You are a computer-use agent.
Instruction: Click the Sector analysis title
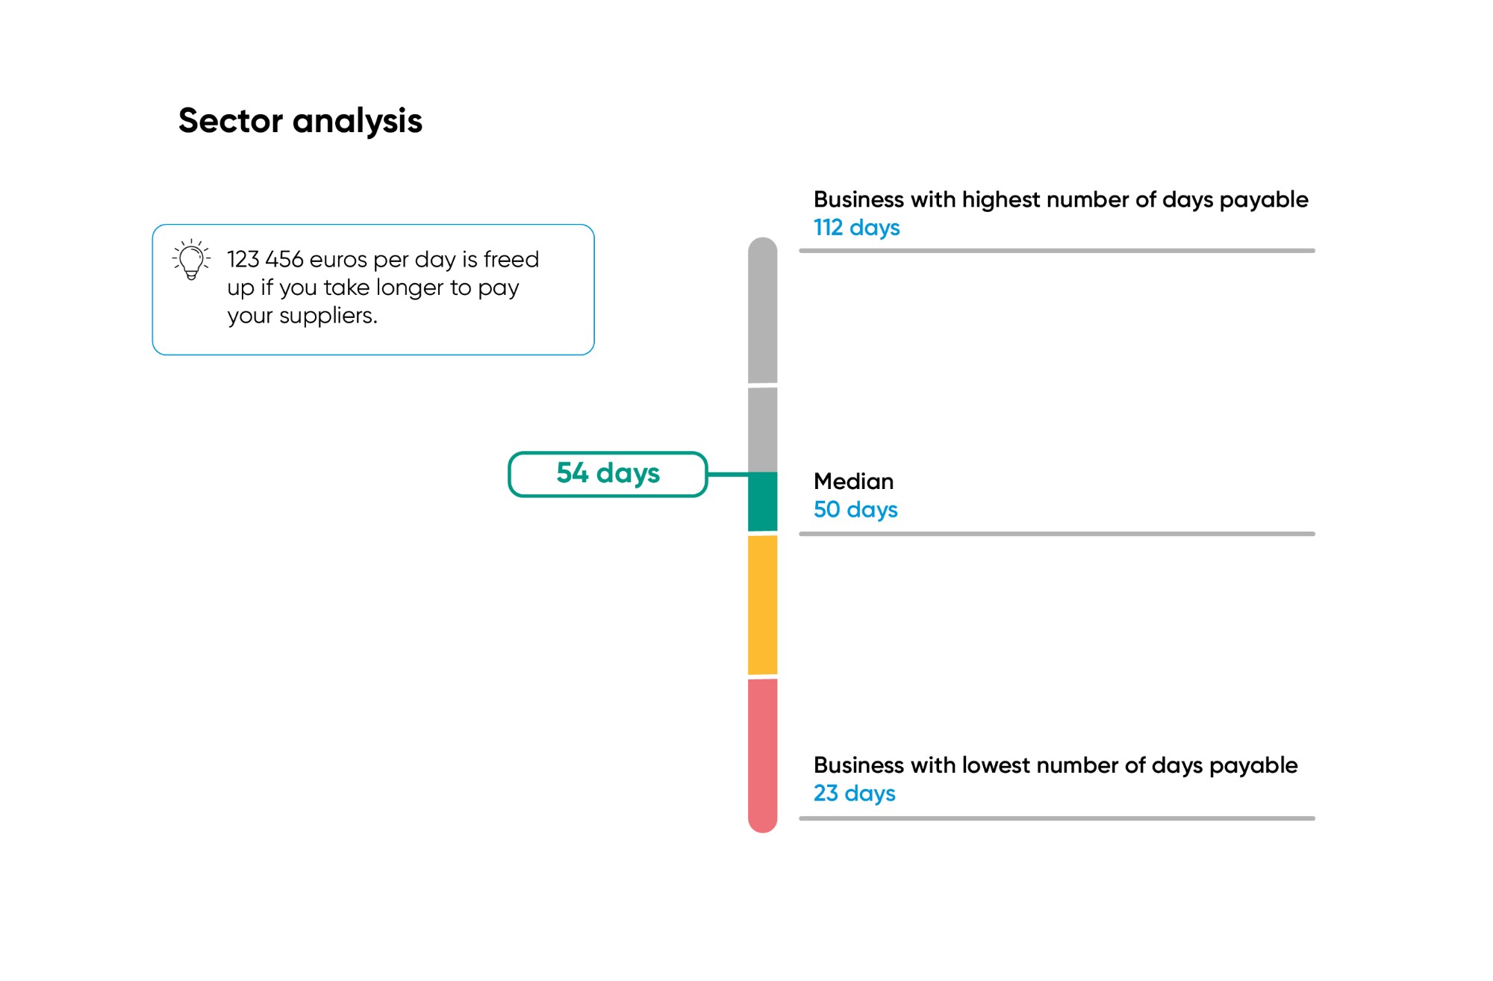tap(300, 121)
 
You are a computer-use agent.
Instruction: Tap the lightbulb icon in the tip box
tap(191, 259)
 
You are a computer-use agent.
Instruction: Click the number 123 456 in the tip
tap(265, 259)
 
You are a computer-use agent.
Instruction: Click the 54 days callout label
tap(608, 473)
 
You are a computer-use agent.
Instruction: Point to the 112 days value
tap(856, 227)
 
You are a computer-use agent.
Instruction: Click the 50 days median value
tap(855, 509)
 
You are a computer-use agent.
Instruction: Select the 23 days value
tap(854, 793)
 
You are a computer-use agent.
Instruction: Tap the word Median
tap(853, 481)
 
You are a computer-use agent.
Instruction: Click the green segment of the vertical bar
tap(762, 502)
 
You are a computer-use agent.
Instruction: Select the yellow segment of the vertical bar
tap(762, 605)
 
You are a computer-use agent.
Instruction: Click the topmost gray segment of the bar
tap(762, 311)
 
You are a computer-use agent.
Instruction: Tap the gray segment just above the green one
tap(762, 430)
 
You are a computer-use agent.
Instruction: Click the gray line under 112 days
tap(1056, 251)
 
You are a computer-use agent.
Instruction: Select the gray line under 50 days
tap(1056, 534)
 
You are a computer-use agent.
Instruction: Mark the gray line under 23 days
tap(1056, 818)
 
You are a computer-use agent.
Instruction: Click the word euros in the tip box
tap(338, 260)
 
